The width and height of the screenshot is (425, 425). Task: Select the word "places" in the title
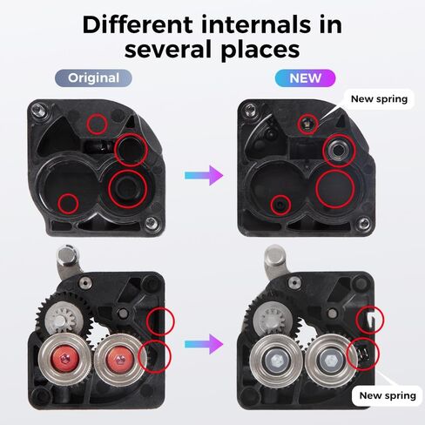click(x=253, y=48)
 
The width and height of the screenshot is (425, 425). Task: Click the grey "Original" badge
click(x=93, y=78)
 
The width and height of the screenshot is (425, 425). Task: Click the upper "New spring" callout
click(x=379, y=98)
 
